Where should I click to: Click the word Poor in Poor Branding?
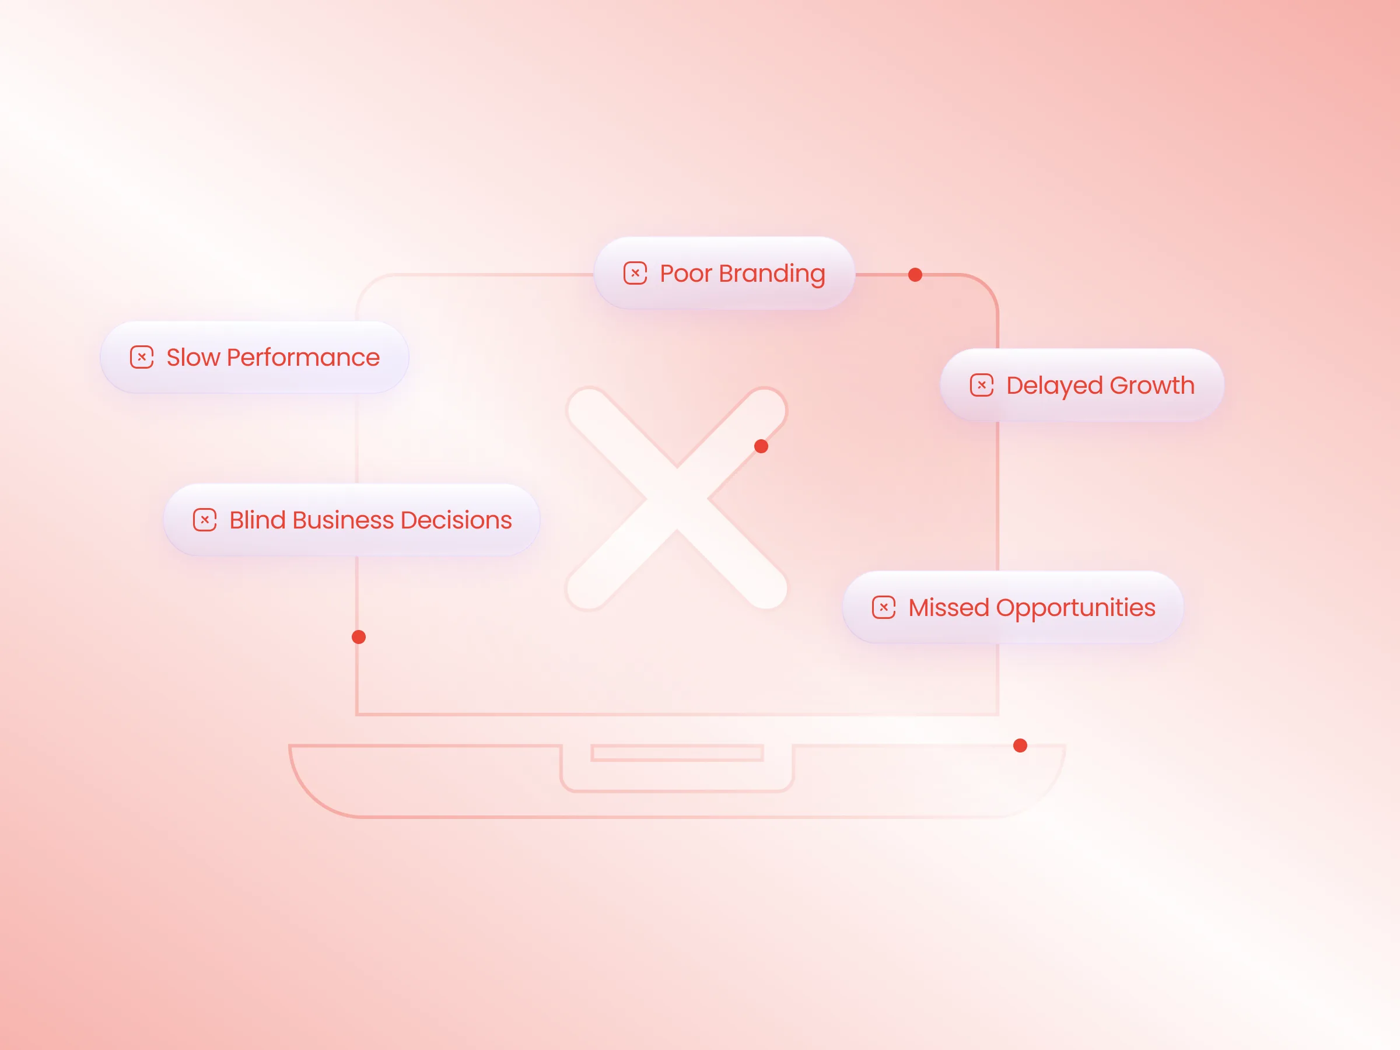686,274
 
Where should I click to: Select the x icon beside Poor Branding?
635,274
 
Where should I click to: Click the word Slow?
193,358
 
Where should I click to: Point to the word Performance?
303,358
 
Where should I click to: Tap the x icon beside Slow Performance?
142,357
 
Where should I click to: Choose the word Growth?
1152,386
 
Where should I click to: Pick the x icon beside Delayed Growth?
982,385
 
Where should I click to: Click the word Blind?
258,520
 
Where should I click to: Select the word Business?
343,520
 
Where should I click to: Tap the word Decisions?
456,520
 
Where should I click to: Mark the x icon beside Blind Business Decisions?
204,520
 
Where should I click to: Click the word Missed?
949,608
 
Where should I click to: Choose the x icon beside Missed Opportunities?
884,607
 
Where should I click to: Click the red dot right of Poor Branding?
915,275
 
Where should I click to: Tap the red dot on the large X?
761,446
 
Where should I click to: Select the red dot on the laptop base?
1020,745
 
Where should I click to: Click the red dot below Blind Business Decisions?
359,637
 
